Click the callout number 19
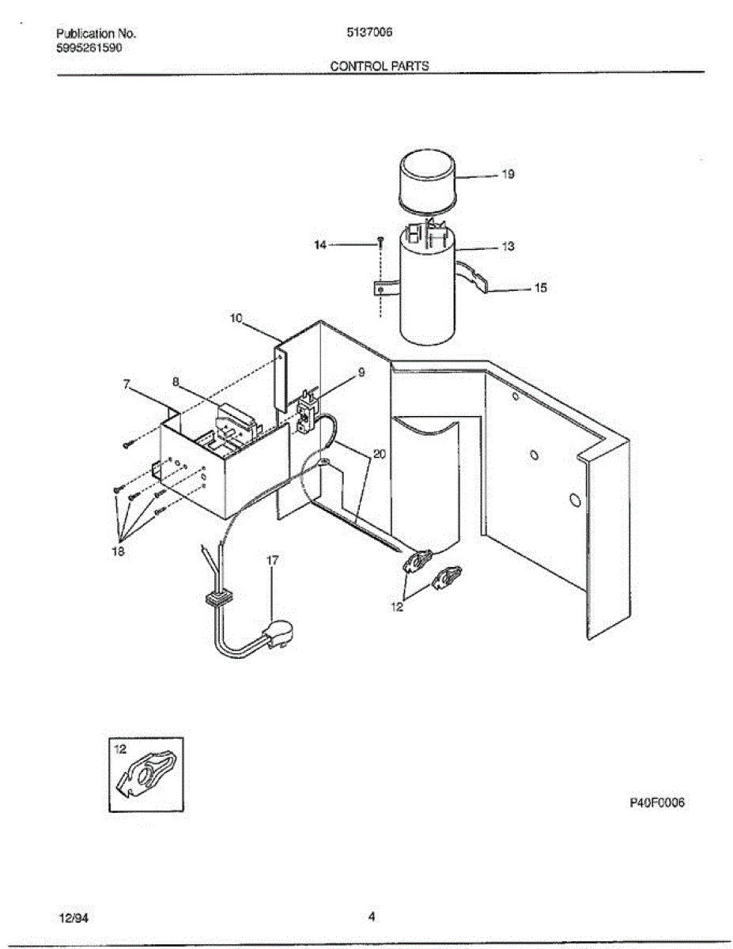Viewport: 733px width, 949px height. [508, 175]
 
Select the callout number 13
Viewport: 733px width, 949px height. [508, 247]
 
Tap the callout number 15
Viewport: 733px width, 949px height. [541, 289]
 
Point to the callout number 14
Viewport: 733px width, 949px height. [320, 246]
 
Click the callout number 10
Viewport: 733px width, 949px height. [236, 318]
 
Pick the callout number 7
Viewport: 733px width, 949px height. [127, 384]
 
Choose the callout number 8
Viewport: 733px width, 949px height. [176, 381]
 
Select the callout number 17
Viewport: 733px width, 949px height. [272, 560]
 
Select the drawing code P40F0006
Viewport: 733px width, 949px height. [656, 803]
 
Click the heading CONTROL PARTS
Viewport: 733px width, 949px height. [380, 66]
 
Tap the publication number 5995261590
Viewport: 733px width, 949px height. [89, 47]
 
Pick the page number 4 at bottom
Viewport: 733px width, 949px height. [371, 917]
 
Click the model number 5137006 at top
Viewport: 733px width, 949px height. [370, 33]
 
